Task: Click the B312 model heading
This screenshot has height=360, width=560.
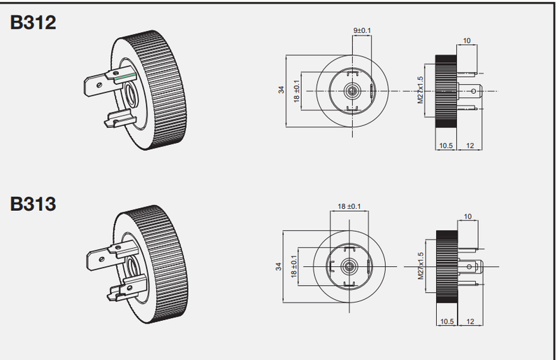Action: pos(33,22)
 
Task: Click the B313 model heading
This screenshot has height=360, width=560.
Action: pos(33,204)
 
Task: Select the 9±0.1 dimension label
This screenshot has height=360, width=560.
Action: pos(362,30)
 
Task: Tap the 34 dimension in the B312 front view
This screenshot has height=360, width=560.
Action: pos(281,90)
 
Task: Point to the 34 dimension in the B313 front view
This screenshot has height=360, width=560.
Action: pos(279,266)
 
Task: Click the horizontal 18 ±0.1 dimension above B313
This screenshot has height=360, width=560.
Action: pos(349,207)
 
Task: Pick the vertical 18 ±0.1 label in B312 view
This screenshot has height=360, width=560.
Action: pos(296,91)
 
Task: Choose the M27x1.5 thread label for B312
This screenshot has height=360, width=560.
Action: pos(420,90)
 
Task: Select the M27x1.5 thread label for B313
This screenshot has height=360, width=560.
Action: pos(421,265)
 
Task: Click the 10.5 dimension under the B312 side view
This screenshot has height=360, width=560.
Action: pos(446,146)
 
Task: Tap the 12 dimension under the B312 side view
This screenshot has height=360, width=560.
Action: pos(470,146)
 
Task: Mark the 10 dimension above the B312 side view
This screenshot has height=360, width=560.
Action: pos(467,41)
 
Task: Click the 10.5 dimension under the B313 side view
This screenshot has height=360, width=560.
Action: pos(447,321)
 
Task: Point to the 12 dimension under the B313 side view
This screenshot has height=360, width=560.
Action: pos(470,321)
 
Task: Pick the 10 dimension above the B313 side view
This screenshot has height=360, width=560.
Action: pos(468,216)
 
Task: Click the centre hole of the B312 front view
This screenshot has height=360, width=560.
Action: pos(352,91)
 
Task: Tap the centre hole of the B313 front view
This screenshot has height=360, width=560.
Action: pos(349,266)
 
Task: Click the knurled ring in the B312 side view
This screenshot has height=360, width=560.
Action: pos(446,92)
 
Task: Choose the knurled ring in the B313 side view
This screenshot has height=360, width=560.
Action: pos(447,267)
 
